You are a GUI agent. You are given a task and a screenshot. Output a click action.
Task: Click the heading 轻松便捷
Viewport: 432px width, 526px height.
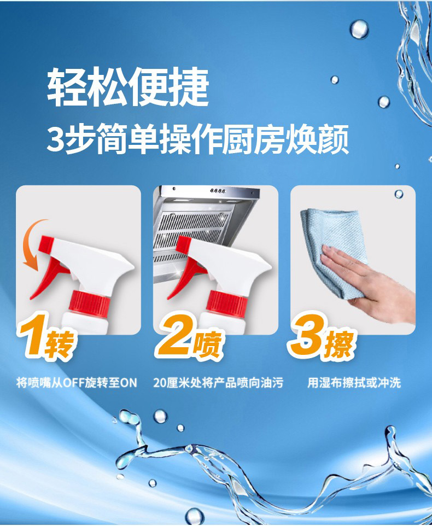[x=128, y=86]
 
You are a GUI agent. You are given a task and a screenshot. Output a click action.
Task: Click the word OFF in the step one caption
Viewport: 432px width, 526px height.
[x=73, y=383]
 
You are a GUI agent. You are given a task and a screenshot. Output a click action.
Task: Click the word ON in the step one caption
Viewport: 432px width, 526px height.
[x=129, y=383]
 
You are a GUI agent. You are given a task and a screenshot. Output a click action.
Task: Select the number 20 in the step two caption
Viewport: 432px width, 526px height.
[x=160, y=383]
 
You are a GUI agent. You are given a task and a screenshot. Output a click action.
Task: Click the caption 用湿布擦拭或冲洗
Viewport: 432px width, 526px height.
[x=354, y=383]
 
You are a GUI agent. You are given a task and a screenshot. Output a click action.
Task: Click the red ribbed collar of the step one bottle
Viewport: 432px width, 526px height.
[x=90, y=304]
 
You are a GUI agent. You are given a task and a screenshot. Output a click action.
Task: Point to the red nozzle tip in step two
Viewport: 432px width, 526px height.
[x=183, y=244]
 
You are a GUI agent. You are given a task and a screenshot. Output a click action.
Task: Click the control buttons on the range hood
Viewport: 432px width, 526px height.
[x=218, y=191]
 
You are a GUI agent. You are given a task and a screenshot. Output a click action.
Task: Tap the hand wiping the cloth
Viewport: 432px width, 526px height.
[x=366, y=282]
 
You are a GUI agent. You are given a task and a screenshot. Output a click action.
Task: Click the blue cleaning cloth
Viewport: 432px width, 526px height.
[x=332, y=248]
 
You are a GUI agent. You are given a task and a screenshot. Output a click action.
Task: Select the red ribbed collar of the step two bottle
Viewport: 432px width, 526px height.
[x=227, y=304]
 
